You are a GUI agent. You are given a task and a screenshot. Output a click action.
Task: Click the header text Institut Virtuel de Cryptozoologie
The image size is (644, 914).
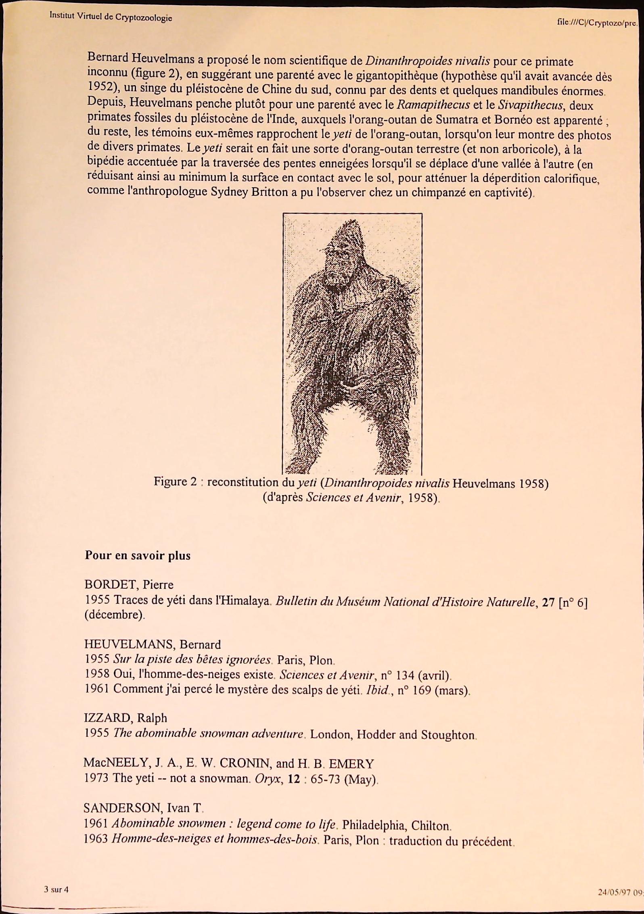tap(111, 17)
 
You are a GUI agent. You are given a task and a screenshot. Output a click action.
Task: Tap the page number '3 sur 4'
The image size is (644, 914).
tap(56, 889)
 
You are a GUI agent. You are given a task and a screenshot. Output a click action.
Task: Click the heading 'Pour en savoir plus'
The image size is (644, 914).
tap(138, 555)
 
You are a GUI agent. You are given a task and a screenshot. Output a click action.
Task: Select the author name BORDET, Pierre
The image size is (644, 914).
tap(129, 585)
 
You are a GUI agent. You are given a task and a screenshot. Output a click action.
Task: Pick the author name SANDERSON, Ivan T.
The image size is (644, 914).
tap(142, 807)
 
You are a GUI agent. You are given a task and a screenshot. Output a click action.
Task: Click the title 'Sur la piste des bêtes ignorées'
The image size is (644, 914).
tap(192, 660)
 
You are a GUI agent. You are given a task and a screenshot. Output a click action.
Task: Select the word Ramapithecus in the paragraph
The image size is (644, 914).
tap(433, 105)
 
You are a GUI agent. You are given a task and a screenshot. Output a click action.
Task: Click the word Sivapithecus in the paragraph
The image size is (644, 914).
tap(530, 106)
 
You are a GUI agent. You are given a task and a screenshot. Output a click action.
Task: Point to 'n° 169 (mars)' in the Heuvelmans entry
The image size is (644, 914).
tap(433, 690)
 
